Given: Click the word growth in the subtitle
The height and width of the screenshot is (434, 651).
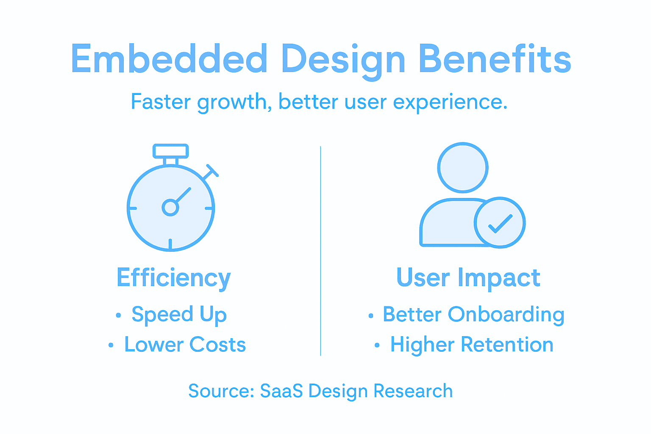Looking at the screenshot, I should pyautogui.click(x=232, y=103).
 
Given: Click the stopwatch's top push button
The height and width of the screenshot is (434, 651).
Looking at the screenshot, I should pyautogui.click(x=170, y=151).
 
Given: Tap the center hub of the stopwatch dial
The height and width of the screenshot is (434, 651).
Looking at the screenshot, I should pyautogui.click(x=170, y=208).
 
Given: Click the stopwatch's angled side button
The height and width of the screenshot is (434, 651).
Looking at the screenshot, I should pyautogui.click(x=210, y=172).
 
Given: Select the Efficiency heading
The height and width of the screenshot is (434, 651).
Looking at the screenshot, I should pyautogui.click(x=173, y=278).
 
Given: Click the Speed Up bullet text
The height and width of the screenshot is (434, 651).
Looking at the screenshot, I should pyautogui.click(x=179, y=314).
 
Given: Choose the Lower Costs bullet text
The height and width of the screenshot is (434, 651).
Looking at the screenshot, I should pyautogui.click(x=185, y=345).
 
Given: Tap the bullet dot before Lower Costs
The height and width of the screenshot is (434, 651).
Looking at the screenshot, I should pyautogui.click(x=111, y=345).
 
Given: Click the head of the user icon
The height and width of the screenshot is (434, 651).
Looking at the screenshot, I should pyautogui.click(x=462, y=167).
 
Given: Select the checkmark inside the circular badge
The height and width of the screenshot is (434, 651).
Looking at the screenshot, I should pyautogui.click(x=500, y=223).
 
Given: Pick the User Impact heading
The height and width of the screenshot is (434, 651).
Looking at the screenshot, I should pyautogui.click(x=468, y=278).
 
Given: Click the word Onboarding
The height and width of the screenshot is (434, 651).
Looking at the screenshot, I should pyautogui.click(x=506, y=314).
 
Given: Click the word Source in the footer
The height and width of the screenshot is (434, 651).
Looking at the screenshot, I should pyautogui.click(x=220, y=391).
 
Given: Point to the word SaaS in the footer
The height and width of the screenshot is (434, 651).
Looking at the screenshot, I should pyautogui.click(x=281, y=391).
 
